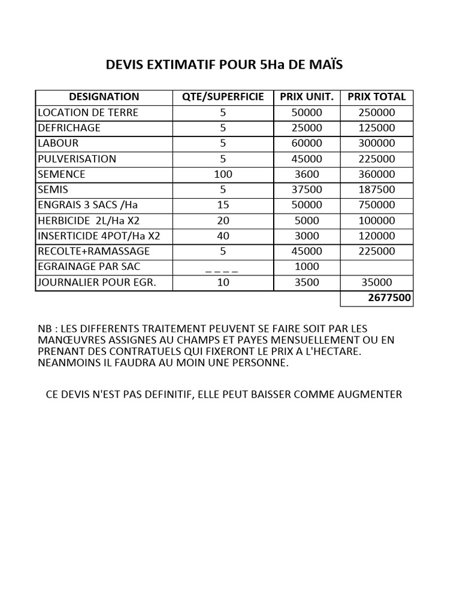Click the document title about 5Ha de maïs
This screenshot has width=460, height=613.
[224, 65]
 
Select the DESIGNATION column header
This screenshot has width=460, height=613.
[104, 96]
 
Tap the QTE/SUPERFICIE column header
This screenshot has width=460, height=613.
[223, 96]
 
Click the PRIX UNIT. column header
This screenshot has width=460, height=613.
[307, 96]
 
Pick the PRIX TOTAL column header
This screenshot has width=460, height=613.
[377, 96]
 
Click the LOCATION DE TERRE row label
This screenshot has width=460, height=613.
[88, 112]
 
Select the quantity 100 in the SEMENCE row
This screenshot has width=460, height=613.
[223, 174]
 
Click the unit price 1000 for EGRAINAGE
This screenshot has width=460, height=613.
[307, 266]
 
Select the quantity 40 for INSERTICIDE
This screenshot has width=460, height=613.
[223, 236]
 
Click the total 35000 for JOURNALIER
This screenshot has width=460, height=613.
[377, 283]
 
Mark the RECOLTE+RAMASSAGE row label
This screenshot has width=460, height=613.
[94, 251]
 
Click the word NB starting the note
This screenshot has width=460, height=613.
[45, 329]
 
